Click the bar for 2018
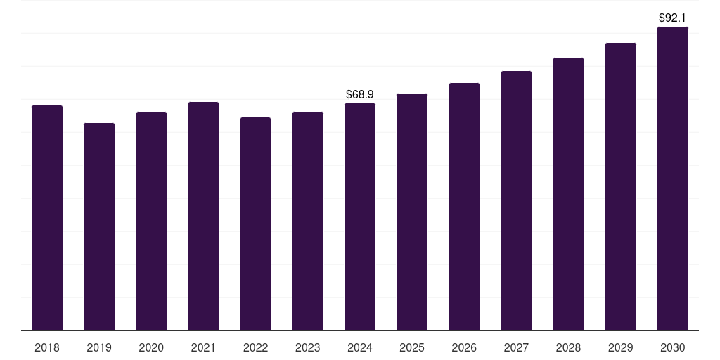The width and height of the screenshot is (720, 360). [47, 218]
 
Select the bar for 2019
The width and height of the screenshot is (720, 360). [99, 227]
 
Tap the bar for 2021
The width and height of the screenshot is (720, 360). [203, 217]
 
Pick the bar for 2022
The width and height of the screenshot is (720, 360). [255, 224]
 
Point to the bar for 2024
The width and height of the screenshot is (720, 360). [360, 217]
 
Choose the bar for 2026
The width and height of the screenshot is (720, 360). [464, 207]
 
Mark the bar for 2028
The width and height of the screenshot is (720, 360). [568, 194]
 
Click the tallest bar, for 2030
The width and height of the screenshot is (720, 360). [673, 179]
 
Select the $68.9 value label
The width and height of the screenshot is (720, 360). [360, 95]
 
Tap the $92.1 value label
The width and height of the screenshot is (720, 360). [672, 18]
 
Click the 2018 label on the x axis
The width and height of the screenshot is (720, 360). [47, 348]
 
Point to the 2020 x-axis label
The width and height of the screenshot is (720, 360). [151, 348]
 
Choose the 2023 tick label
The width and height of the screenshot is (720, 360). [308, 348]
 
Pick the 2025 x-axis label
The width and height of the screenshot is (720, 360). [412, 348]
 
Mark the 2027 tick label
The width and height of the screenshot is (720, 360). [516, 348]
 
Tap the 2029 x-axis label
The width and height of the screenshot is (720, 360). [620, 348]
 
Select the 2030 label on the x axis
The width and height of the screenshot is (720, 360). [673, 348]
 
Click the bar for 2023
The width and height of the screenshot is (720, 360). [308, 221]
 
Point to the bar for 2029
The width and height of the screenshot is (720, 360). [621, 187]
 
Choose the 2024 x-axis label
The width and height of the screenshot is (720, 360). [360, 348]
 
